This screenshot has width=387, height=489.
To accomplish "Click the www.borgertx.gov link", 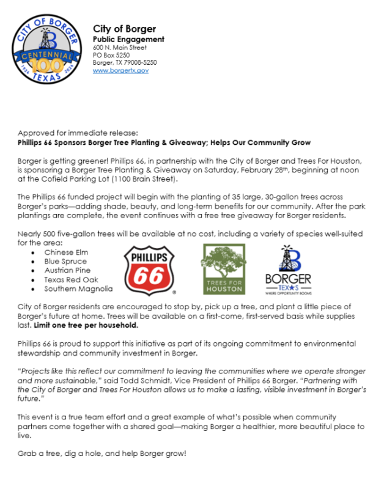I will pyautogui.click(x=120, y=71).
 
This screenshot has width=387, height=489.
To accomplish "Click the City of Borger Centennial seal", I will pyautogui.click(x=47, y=48).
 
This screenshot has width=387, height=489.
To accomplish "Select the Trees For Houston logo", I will pyautogui.click(x=224, y=269).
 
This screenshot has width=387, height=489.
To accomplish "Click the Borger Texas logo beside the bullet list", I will pyautogui.click(x=289, y=268).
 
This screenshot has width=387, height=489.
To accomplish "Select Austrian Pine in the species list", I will pyautogui.click(x=67, y=270).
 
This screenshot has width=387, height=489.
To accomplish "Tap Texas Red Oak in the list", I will pyautogui.click(x=71, y=279).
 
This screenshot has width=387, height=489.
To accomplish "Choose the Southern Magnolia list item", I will pyautogui.click(x=78, y=289).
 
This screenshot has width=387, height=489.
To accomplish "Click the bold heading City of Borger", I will pyautogui.click(x=124, y=29).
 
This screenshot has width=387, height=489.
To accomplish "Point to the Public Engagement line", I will pyautogui.click(x=128, y=39).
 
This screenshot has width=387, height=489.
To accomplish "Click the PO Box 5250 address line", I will pyautogui.click(x=111, y=55).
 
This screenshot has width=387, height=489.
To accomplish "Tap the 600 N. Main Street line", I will pyautogui.click(x=119, y=47).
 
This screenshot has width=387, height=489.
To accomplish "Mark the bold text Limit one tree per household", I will pyautogui.click(x=86, y=325).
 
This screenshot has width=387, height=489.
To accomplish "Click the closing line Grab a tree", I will pyautogui.click(x=101, y=454).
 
